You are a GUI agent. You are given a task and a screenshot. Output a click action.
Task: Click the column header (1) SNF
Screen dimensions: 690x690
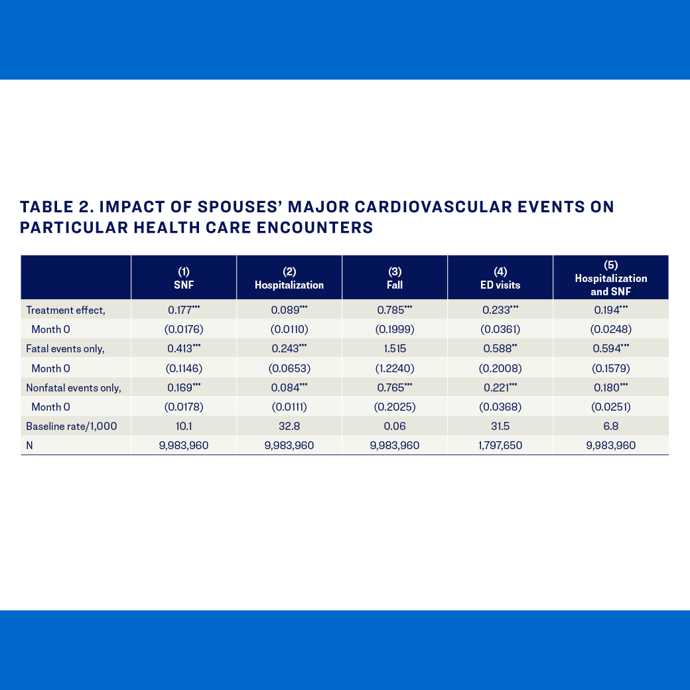click(184, 278)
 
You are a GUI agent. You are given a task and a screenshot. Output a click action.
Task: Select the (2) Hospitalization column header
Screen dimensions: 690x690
click(289, 278)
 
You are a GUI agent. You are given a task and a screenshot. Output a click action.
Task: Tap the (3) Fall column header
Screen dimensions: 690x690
click(395, 278)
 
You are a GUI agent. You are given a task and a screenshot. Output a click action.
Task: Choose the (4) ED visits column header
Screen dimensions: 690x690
click(500, 278)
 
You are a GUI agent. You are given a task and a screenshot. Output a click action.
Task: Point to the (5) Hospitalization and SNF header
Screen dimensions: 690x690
click(610, 278)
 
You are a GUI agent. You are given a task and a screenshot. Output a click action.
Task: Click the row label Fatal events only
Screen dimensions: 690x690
click(65, 348)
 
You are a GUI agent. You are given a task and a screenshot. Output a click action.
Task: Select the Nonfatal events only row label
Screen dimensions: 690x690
click(73, 387)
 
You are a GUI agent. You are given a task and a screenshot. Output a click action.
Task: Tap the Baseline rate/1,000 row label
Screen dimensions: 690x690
click(71, 426)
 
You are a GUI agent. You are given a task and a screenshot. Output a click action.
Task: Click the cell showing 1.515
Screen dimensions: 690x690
click(395, 348)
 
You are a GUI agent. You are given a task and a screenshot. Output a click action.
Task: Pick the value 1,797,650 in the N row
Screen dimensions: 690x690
click(500, 445)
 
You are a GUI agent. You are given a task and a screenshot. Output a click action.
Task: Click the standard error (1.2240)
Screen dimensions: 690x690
click(395, 368)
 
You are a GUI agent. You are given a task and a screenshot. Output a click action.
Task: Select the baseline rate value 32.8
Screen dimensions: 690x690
click(289, 426)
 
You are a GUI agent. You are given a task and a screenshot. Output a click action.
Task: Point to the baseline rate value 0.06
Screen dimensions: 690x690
click(395, 426)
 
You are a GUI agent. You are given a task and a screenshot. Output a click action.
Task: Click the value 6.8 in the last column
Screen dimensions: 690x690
click(610, 426)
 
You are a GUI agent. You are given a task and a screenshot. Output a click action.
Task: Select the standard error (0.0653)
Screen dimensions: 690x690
click(289, 368)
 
